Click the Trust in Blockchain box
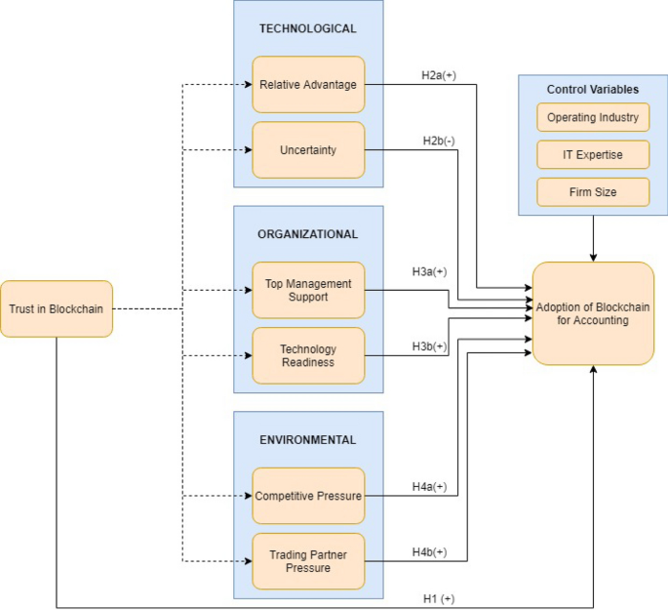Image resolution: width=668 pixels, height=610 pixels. pyautogui.click(x=57, y=309)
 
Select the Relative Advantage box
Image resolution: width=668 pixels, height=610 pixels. pyautogui.click(x=308, y=84)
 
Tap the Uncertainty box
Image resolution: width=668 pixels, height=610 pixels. pyautogui.click(x=308, y=149)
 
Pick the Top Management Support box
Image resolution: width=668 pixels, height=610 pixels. pyautogui.click(x=308, y=290)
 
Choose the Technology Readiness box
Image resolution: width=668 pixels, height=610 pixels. pyautogui.click(x=308, y=355)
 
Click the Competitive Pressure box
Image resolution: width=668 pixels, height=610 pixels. pyautogui.click(x=308, y=496)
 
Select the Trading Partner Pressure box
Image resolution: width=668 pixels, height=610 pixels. pyautogui.click(x=308, y=561)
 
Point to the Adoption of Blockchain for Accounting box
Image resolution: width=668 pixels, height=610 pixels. pyautogui.click(x=593, y=313)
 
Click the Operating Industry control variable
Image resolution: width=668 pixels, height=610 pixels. pyautogui.click(x=593, y=117)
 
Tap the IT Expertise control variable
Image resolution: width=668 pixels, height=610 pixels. pyautogui.click(x=593, y=154)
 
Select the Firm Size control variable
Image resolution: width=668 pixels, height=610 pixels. pyautogui.click(x=593, y=192)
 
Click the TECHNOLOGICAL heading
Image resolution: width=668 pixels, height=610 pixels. pyautogui.click(x=308, y=28)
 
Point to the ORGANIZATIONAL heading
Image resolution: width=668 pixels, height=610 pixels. pyautogui.click(x=308, y=234)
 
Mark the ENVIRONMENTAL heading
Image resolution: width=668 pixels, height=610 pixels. pyautogui.click(x=308, y=440)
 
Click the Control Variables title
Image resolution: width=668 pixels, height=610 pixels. pyautogui.click(x=593, y=90)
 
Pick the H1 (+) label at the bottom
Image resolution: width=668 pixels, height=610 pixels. pyautogui.click(x=439, y=597)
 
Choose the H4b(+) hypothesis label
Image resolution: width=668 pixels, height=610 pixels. pyautogui.click(x=430, y=551)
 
